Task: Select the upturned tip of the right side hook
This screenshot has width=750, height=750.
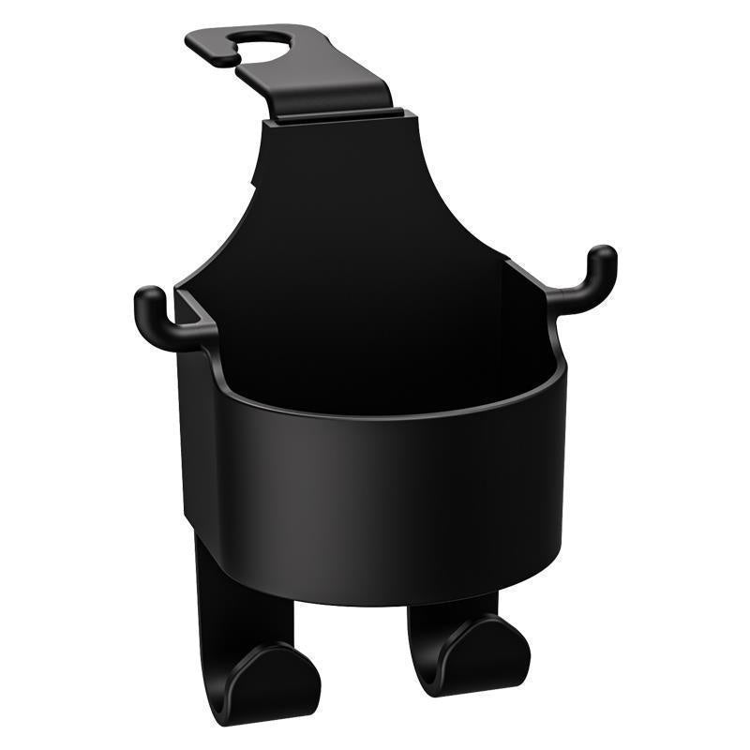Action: point(603,260)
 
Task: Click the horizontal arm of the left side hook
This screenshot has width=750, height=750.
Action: point(178,333)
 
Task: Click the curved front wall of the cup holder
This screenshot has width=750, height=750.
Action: point(375,497)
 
